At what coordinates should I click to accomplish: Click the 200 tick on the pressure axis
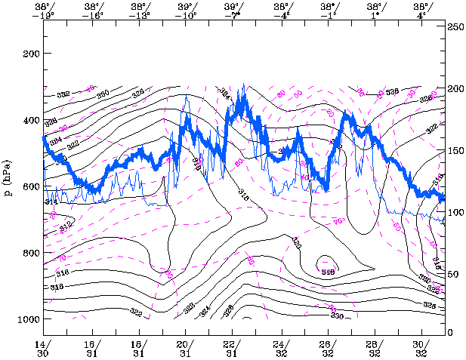click(x=29, y=54)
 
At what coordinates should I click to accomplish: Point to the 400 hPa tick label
click(x=29, y=121)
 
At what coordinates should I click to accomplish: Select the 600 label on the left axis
click(x=29, y=187)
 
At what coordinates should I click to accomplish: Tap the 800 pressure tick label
click(x=29, y=254)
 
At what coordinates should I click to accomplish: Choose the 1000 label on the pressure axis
click(x=26, y=320)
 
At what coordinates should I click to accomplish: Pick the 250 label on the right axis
click(x=455, y=26)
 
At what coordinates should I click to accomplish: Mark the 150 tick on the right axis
click(x=455, y=151)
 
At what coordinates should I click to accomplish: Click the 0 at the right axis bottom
click(x=451, y=333)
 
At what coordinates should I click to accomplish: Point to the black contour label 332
click(x=63, y=94)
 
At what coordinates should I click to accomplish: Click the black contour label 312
click(x=66, y=225)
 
